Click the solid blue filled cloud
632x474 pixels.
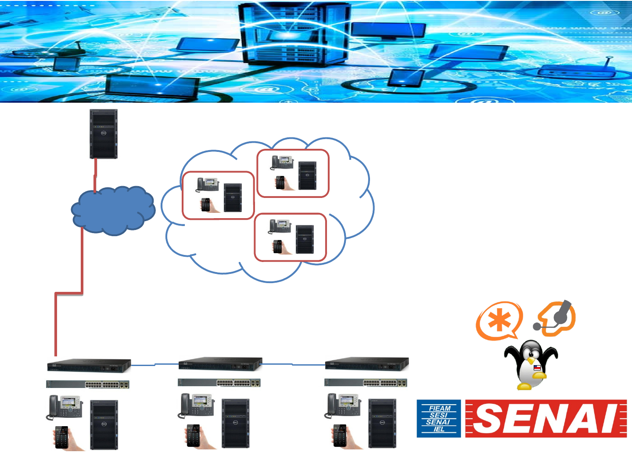113,210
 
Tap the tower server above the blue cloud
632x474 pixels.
104,134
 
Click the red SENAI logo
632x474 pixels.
546,418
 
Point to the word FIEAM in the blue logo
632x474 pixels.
440,408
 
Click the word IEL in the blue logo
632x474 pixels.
439,429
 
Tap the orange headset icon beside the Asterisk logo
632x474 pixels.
556,318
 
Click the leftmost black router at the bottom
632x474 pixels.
89,365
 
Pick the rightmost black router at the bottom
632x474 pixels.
367,364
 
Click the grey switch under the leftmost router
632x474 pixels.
88,384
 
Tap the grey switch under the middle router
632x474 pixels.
219,383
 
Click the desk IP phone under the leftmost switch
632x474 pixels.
65,407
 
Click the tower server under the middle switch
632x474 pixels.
235,423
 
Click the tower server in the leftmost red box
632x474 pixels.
233,197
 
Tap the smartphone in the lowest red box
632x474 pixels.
278,247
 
